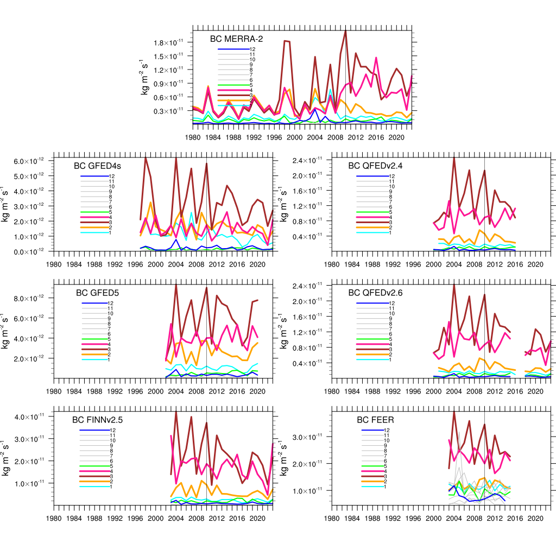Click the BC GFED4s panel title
pyautogui.click(x=97, y=166)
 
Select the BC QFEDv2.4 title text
pyautogui.click(x=375, y=166)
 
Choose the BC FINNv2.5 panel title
pyautogui.click(x=100, y=420)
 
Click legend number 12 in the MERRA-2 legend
pyautogui.click(x=252, y=49)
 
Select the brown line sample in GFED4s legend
pyautogui.click(x=94, y=223)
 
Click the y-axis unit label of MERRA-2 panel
pyautogui.click(x=145, y=76)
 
